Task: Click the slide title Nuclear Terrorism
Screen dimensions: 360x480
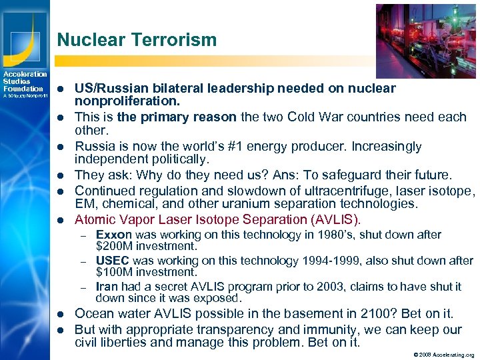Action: coord(137,40)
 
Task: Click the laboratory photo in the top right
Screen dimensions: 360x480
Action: coord(426,41)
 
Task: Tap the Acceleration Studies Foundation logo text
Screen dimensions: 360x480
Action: coord(24,81)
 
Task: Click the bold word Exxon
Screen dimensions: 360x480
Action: coord(114,235)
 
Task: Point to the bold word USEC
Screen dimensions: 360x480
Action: coord(113,261)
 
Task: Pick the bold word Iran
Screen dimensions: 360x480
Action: coord(107,287)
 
